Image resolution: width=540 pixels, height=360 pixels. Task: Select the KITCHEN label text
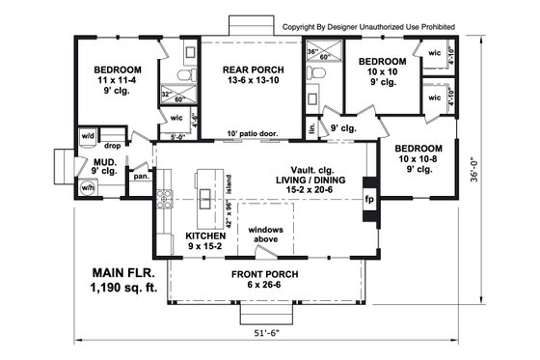click(205, 235)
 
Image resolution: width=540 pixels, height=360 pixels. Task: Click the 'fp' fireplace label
click(368, 200)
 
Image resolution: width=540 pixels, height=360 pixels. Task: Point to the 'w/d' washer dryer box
click(87, 136)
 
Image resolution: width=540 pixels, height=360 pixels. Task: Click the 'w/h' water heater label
click(88, 188)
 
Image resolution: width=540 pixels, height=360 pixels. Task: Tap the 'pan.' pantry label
click(141, 177)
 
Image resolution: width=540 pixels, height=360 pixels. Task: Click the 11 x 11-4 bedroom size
click(117, 82)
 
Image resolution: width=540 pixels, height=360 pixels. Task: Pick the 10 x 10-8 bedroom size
click(418, 158)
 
